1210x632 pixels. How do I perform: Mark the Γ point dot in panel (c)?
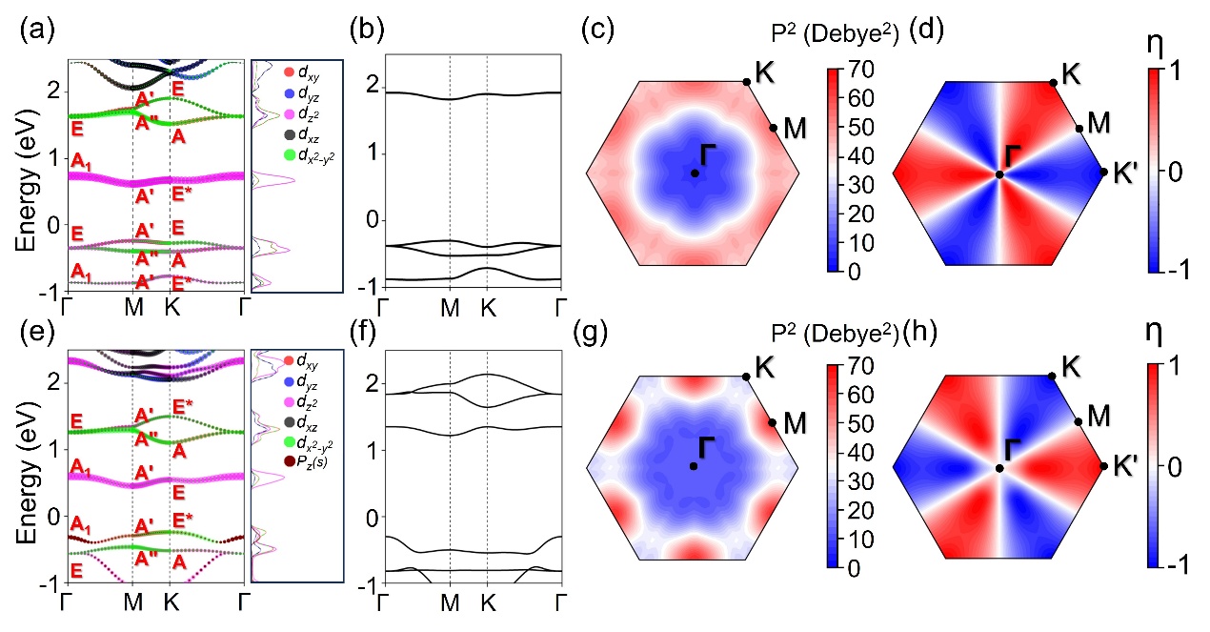pos(695,173)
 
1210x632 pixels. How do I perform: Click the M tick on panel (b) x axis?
pos(450,308)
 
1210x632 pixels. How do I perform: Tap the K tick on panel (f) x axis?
pos(487,603)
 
